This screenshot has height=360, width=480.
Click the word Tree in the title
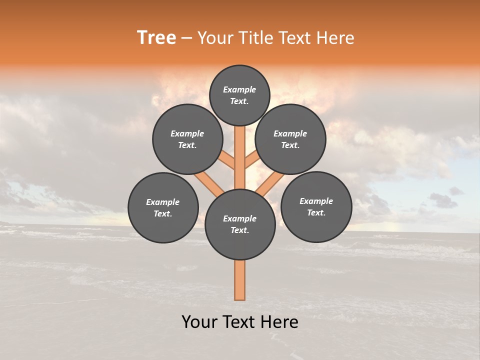coord(156,38)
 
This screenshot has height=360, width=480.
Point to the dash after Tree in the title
coord(186,38)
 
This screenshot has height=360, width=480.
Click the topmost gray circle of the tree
coord(239,95)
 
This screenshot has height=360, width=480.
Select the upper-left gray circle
coord(187,139)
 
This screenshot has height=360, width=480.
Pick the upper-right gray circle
coord(290,139)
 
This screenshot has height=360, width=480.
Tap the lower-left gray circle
coord(163,207)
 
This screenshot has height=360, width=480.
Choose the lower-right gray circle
coord(316,206)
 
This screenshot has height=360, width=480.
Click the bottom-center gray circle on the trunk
coord(240,224)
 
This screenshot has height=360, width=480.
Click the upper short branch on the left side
coord(227,160)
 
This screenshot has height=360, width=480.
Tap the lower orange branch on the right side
coord(269,184)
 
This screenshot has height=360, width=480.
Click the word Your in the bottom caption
coord(199,322)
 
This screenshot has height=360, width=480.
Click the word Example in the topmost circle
coord(239,89)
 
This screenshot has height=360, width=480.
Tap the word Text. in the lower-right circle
coord(316,212)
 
